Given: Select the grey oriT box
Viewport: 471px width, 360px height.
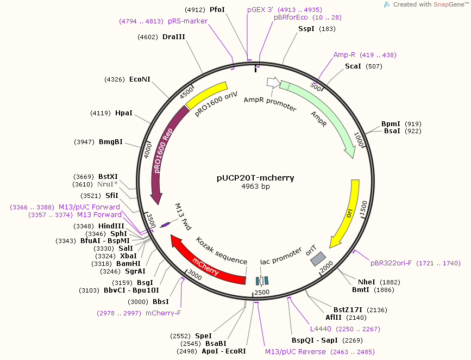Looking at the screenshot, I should coord(318,259).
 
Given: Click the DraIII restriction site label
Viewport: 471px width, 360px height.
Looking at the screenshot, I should coord(174,37).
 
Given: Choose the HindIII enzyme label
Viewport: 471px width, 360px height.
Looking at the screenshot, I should coord(112,226).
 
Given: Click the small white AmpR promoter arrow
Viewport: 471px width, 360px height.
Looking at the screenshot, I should coord(272,83).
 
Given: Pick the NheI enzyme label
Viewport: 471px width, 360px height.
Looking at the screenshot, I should coord(367,282).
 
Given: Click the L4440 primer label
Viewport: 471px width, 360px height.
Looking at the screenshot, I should coord(321,329).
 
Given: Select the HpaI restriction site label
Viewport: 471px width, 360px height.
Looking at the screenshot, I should coord(124,113).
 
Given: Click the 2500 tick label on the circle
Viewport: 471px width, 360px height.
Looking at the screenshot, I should coord(262,293).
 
